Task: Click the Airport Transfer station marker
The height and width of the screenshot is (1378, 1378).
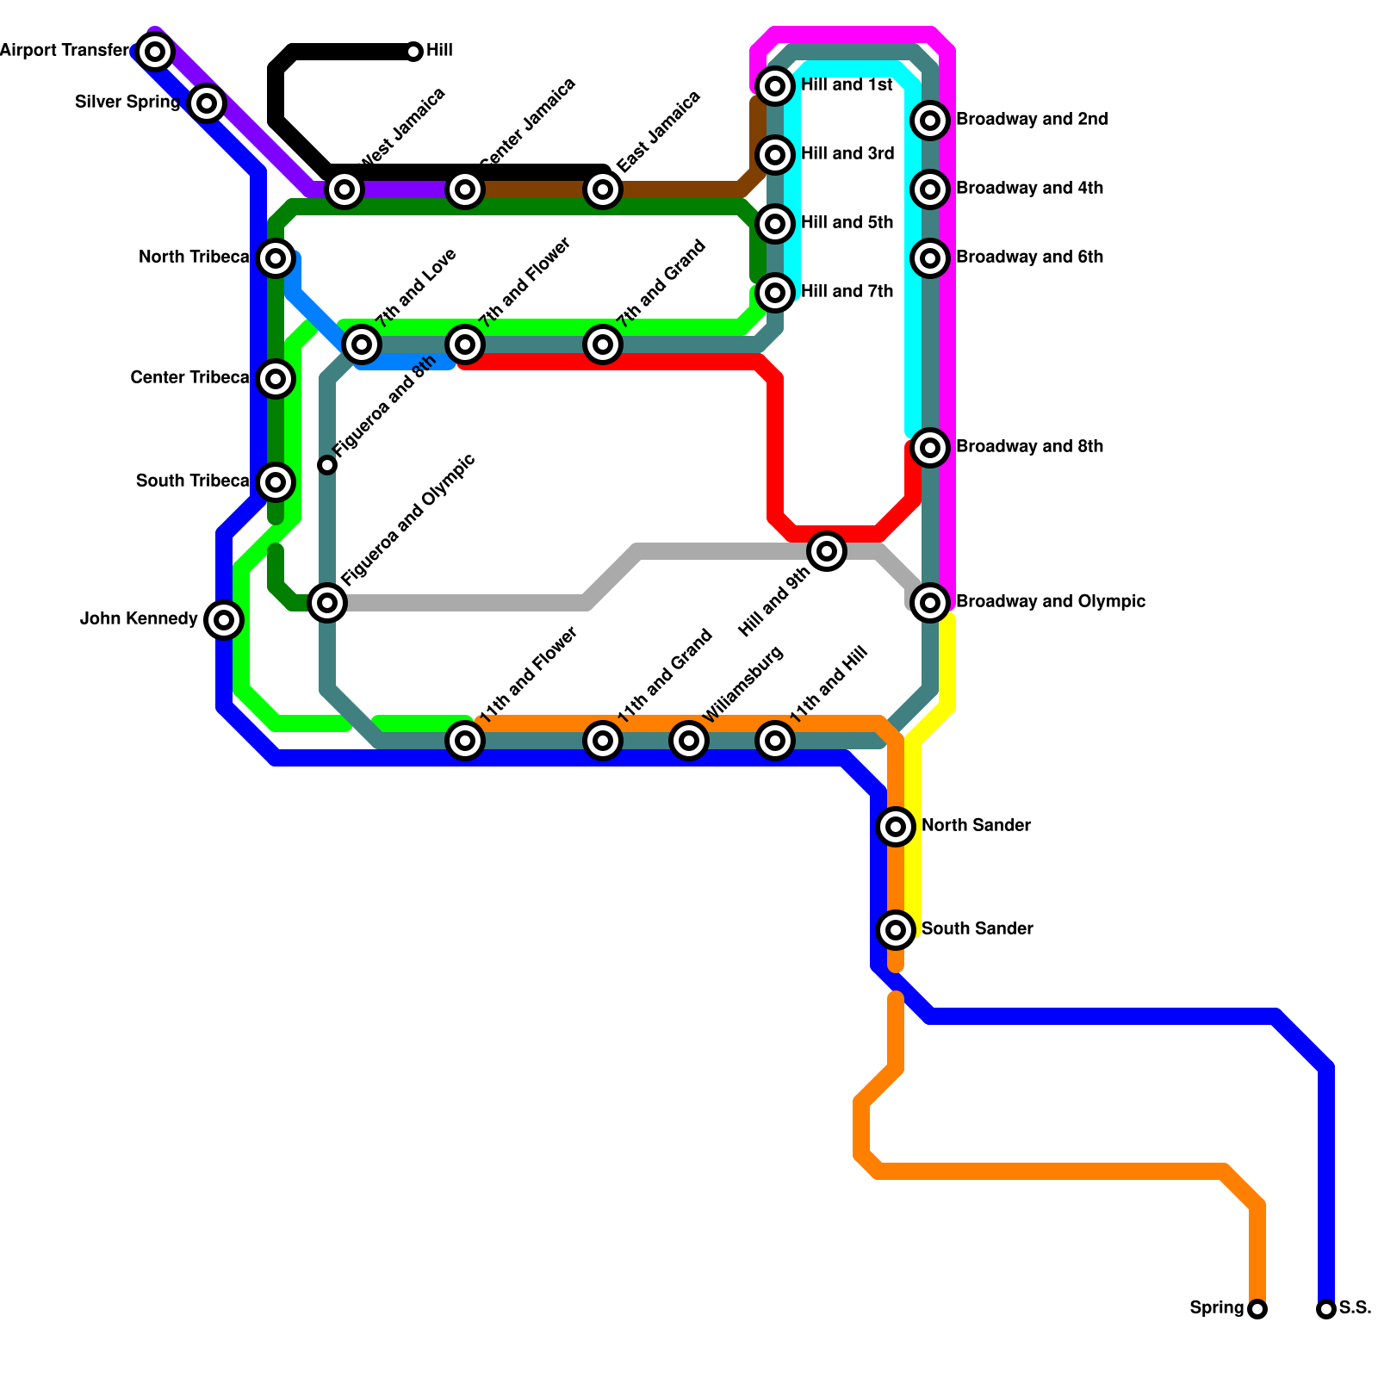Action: click(155, 52)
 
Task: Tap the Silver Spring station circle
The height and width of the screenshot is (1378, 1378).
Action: click(207, 103)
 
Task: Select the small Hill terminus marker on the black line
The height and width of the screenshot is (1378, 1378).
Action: click(413, 52)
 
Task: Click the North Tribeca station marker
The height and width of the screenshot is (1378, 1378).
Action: click(276, 258)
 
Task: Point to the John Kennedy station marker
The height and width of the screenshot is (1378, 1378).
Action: click(224, 619)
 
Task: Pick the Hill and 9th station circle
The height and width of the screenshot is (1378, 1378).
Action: click(827, 550)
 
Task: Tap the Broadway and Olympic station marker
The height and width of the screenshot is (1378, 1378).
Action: click(930, 602)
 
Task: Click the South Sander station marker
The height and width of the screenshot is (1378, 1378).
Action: click(896, 929)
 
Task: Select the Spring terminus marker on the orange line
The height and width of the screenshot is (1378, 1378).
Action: click(1257, 1309)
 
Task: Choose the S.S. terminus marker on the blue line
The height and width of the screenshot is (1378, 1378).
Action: click(1326, 1309)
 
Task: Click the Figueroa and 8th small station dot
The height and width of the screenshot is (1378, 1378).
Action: click(327, 465)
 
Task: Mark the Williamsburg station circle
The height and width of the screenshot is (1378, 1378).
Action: click(689, 740)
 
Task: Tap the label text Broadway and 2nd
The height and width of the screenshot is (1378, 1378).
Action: click(1032, 119)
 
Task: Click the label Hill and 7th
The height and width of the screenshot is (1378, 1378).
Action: click(847, 291)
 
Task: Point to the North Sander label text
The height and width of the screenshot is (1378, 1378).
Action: click(976, 825)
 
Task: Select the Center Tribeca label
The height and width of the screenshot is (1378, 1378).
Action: click(189, 377)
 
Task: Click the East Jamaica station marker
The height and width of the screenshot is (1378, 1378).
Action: click(603, 189)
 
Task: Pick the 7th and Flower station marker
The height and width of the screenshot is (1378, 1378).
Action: click(465, 344)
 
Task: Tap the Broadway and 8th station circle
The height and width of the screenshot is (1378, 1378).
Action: click(930, 447)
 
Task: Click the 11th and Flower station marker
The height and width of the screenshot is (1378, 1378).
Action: click(465, 740)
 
